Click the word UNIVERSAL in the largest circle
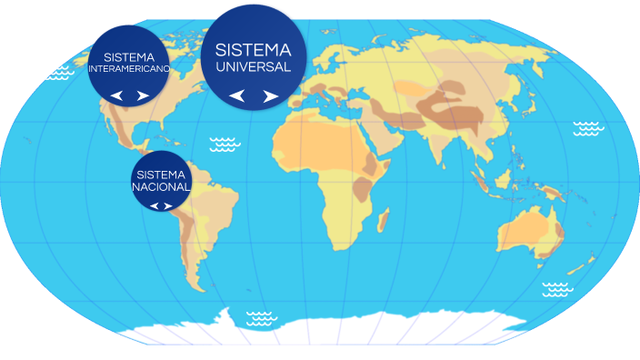coord(253,66)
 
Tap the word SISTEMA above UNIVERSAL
coord(253,48)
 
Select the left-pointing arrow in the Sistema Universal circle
coord(236,95)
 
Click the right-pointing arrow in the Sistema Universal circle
coord(270,95)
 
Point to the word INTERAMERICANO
coord(128,69)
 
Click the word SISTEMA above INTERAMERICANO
coord(128,56)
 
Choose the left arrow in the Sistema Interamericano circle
coord(115,95)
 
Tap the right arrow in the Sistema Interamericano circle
coord(142,95)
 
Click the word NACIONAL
coord(161,186)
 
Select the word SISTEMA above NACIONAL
coord(161,174)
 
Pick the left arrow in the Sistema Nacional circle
coord(155,205)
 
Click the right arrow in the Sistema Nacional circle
coord(168,205)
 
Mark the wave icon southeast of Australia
coord(557,289)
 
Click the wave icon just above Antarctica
coord(262,317)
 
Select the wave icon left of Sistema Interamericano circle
coord(59,71)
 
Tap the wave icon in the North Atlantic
coord(225,144)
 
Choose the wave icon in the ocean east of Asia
coord(586,128)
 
